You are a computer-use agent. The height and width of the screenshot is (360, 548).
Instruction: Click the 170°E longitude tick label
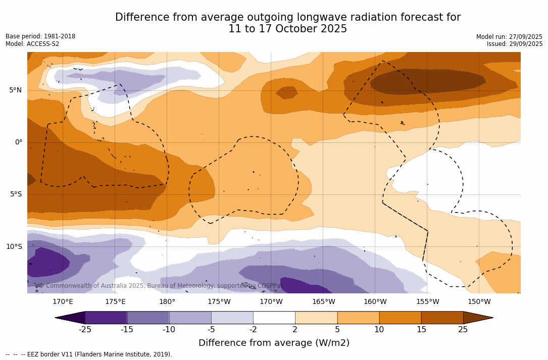(63, 302)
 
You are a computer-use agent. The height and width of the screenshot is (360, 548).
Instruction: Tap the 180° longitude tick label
(167, 302)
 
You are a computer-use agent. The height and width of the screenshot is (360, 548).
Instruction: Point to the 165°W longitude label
(323, 302)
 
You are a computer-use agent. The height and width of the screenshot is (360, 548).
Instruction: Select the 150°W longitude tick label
(479, 302)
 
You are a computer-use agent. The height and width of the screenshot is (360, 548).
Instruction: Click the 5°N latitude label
(15, 90)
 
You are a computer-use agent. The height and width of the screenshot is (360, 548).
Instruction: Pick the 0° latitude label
(18, 142)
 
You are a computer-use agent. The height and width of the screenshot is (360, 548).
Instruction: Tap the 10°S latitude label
(14, 247)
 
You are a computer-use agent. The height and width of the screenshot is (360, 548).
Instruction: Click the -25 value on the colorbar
(85, 330)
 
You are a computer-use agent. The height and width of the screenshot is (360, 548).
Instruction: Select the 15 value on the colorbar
(421, 330)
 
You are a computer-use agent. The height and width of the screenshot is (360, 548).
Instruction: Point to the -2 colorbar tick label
(253, 330)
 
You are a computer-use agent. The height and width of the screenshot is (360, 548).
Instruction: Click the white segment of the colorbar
(274, 318)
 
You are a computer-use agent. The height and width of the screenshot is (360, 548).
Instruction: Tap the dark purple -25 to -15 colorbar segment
(106, 318)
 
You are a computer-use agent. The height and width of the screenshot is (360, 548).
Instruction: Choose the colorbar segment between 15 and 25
(442, 318)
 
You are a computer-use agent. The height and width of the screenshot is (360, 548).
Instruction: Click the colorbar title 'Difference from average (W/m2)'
(274, 343)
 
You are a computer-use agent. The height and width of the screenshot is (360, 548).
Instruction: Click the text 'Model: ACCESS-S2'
(32, 44)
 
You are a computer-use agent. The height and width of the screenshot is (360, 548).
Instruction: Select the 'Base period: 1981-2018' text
(40, 36)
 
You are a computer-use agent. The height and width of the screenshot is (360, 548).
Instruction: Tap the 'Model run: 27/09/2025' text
(509, 37)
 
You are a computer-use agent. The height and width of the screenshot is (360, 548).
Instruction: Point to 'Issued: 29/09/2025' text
(515, 44)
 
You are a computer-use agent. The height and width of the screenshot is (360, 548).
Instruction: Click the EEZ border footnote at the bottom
(89, 354)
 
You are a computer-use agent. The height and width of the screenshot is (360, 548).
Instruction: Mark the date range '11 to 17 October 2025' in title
(287, 29)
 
